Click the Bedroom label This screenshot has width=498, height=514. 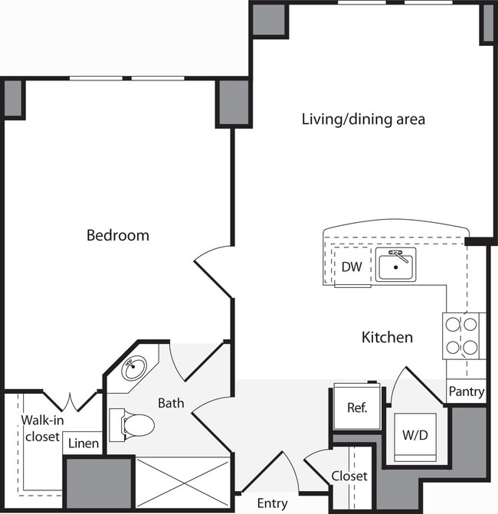(x=117, y=235)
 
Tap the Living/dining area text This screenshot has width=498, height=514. (x=362, y=119)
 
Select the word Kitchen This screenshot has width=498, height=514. (x=387, y=337)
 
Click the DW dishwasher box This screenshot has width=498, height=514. (x=352, y=268)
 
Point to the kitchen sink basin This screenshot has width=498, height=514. (x=395, y=266)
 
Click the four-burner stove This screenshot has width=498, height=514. (x=462, y=337)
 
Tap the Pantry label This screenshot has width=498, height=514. (x=466, y=391)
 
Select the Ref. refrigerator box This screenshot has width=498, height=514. (x=357, y=407)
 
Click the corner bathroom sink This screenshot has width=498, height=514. (x=135, y=369)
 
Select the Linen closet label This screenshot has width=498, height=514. (x=83, y=444)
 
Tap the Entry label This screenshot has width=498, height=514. (x=272, y=503)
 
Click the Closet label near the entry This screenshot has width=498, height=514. (x=349, y=476)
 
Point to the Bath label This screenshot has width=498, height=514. (x=170, y=402)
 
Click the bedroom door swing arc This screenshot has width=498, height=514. (x=213, y=264)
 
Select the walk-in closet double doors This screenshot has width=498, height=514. (x=70, y=401)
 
